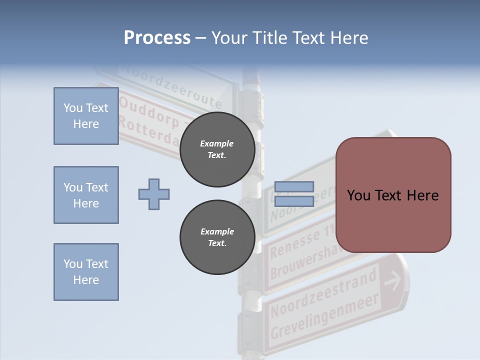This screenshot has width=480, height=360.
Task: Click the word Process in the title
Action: click(157, 38)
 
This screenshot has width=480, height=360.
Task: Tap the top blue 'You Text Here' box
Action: click(86, 116)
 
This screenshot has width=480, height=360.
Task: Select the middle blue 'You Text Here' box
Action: click(86, 195)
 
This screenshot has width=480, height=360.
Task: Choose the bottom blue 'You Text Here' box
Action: click(86, 272)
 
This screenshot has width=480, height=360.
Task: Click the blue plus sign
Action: click(154, 194)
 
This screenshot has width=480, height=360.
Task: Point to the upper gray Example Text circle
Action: click(217, 149)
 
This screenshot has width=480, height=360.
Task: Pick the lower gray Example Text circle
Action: click(217, 237)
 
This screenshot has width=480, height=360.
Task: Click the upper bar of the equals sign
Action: click(294, 187)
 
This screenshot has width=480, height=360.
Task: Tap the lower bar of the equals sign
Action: click(294, 201)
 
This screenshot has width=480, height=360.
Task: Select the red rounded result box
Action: click(393, 195)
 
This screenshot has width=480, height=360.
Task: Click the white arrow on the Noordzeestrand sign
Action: click(393, 282)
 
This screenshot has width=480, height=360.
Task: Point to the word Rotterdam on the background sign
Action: click(149, 133)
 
